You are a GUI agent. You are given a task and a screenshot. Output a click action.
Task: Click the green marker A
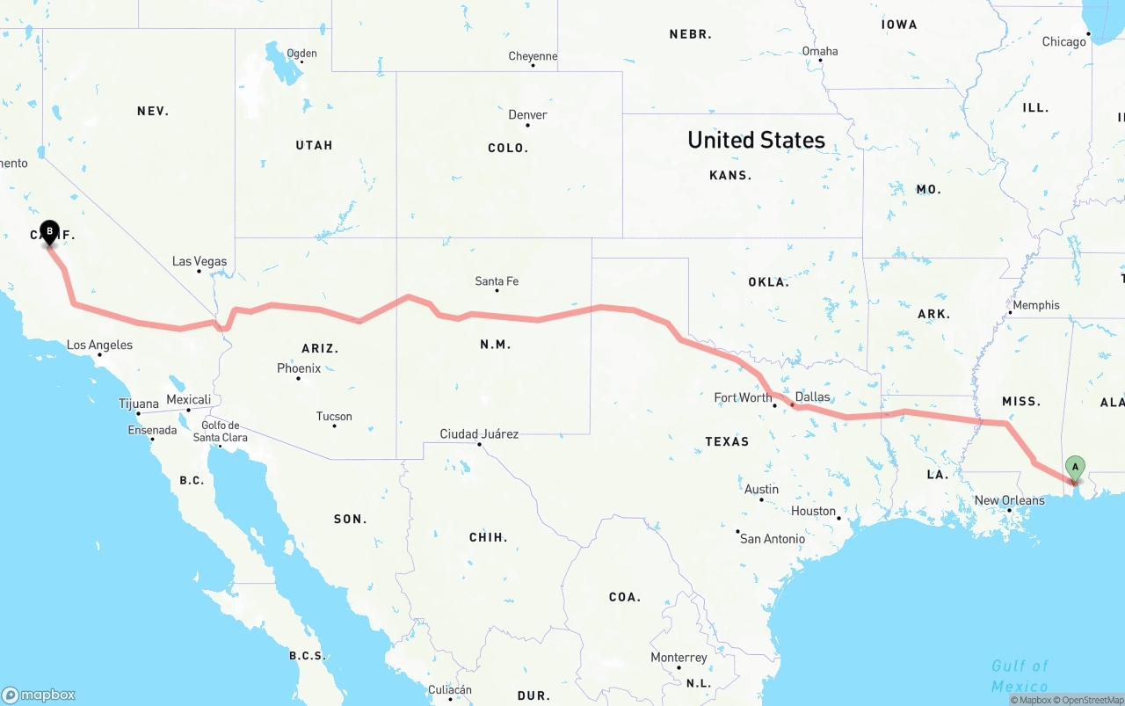(1074, 468)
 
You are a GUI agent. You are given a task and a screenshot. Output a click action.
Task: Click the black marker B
(49, 232)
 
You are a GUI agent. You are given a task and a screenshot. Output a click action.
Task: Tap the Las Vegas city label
(200, 261)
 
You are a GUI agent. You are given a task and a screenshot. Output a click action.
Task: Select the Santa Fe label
(497, 281)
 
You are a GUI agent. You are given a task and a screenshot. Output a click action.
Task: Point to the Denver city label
(527, 115)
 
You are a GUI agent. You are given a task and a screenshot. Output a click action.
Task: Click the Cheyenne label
(533, 56)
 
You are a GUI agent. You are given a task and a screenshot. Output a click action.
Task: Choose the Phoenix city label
(299, 368)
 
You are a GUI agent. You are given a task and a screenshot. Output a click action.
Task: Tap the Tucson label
(334, 417)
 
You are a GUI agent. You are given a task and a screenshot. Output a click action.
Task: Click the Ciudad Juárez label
(479, 433)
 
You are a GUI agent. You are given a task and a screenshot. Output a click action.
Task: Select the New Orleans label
(1009, 500)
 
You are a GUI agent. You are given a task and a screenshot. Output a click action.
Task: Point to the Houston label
(813, 511)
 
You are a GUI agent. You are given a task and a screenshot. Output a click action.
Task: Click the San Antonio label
(772, 538)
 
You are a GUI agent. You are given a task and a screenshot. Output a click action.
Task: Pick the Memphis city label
(1036, 305)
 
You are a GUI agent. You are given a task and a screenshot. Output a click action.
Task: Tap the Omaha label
(820, 51)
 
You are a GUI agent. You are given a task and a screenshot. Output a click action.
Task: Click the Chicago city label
(1063, 41)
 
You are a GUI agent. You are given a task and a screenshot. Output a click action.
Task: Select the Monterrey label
(679, 658)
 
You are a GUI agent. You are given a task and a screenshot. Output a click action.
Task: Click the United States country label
(756, 140)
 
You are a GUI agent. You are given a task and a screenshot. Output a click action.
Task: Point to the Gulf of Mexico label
(1020, 675)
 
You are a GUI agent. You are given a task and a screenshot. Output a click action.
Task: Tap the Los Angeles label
(99, 345)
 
